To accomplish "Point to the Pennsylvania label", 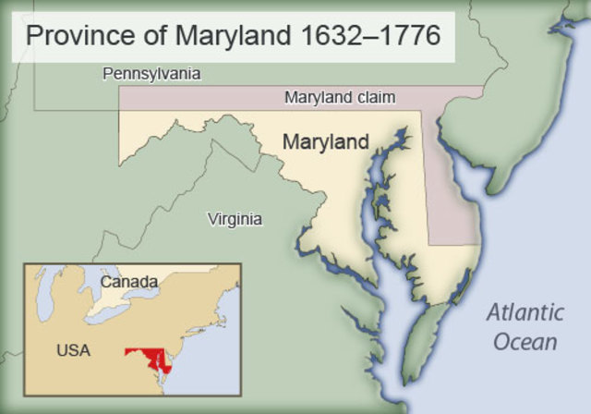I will click(151, 73).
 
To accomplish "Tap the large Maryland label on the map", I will click(325, 142).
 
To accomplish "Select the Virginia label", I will click(235, 219).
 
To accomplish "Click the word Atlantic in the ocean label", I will click(525, 311).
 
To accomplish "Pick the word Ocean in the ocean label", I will click(525, 341).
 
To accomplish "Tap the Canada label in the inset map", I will click(129, 281).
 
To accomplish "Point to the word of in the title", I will click(140, 36).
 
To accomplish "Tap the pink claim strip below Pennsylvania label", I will click(203, 97).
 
